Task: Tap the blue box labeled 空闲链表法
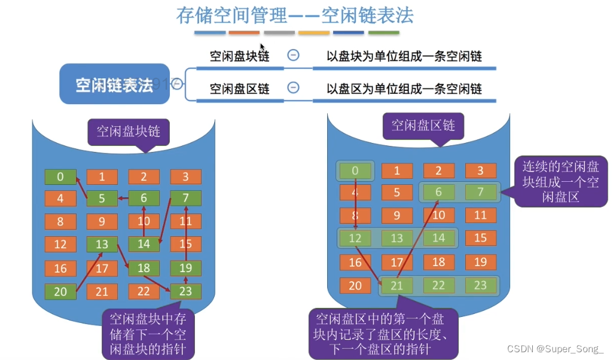coord(114,85)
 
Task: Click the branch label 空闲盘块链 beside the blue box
coord(239,56)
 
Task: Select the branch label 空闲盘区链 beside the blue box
coord(239,89)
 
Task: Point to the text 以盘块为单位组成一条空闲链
coord(404,56)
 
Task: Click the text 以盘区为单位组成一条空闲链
coord(404,89)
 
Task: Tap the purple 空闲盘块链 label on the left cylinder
coord(129,131)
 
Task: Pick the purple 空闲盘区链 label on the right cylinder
coord(423,124)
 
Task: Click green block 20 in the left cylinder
coord(60,291)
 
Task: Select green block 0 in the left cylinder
coord(60,176)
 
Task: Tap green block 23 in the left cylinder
coord(185,291)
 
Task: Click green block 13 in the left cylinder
coord(102,244)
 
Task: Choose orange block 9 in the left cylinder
coord(102,222)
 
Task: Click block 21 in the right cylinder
coord(397,285)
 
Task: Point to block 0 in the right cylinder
coord(355,170)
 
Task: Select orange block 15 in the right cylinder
coord(481,237)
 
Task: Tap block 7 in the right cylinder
coord(481,192)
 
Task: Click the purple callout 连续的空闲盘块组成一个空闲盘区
coord(560,181)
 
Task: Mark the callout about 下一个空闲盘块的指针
coord(148,333)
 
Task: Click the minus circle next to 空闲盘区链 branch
coord(293,88)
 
